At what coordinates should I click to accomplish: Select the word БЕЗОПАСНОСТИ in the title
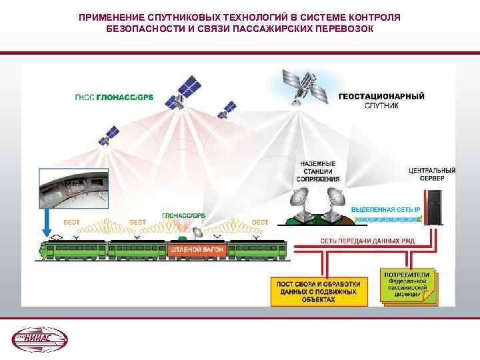138,30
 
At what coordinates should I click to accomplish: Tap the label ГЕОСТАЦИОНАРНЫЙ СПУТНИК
381,101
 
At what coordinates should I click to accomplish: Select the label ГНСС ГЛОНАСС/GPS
114,97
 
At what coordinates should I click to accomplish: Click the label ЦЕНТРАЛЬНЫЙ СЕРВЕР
432,174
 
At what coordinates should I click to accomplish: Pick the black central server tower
434,206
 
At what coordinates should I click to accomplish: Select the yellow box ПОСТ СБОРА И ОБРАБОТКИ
318,288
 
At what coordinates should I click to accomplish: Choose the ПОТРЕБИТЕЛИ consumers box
407,285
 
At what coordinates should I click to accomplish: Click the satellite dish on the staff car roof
197,232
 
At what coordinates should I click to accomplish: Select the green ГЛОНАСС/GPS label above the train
183,215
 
